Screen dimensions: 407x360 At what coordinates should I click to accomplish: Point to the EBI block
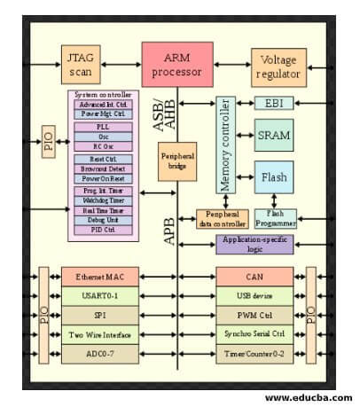click(x=273, y=104)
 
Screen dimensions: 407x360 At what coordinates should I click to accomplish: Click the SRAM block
click(x=273, y=136)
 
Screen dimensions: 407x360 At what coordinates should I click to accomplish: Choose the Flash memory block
click(x=273, y=177)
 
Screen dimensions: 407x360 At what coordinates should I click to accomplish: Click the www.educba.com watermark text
click(x=308, y=397)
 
